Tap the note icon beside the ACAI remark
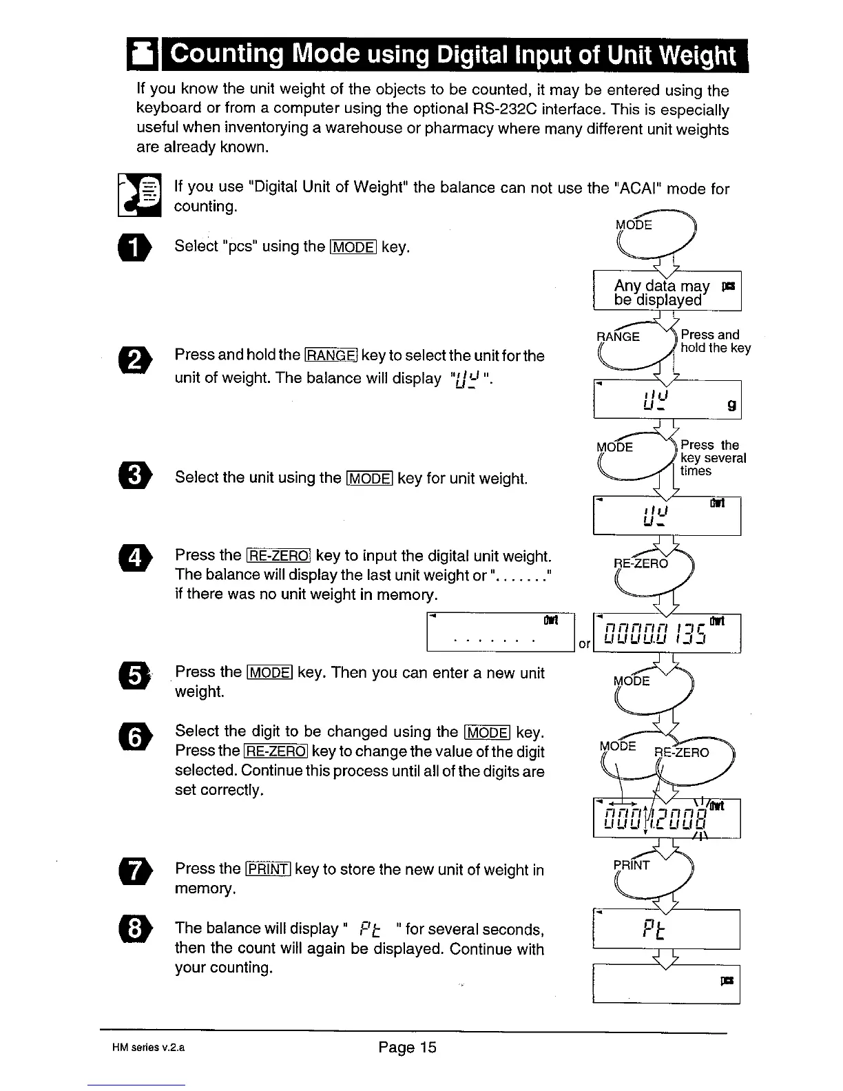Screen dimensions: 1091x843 140,194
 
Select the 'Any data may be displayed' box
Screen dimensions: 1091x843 666,293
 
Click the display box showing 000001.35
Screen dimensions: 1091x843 666,632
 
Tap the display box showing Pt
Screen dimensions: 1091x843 665,930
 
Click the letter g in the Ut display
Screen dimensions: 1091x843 731,406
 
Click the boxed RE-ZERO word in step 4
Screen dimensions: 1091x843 279,556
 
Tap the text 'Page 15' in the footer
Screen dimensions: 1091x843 407,1048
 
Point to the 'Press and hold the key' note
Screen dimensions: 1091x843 714,342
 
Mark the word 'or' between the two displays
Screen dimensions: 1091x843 584,645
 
